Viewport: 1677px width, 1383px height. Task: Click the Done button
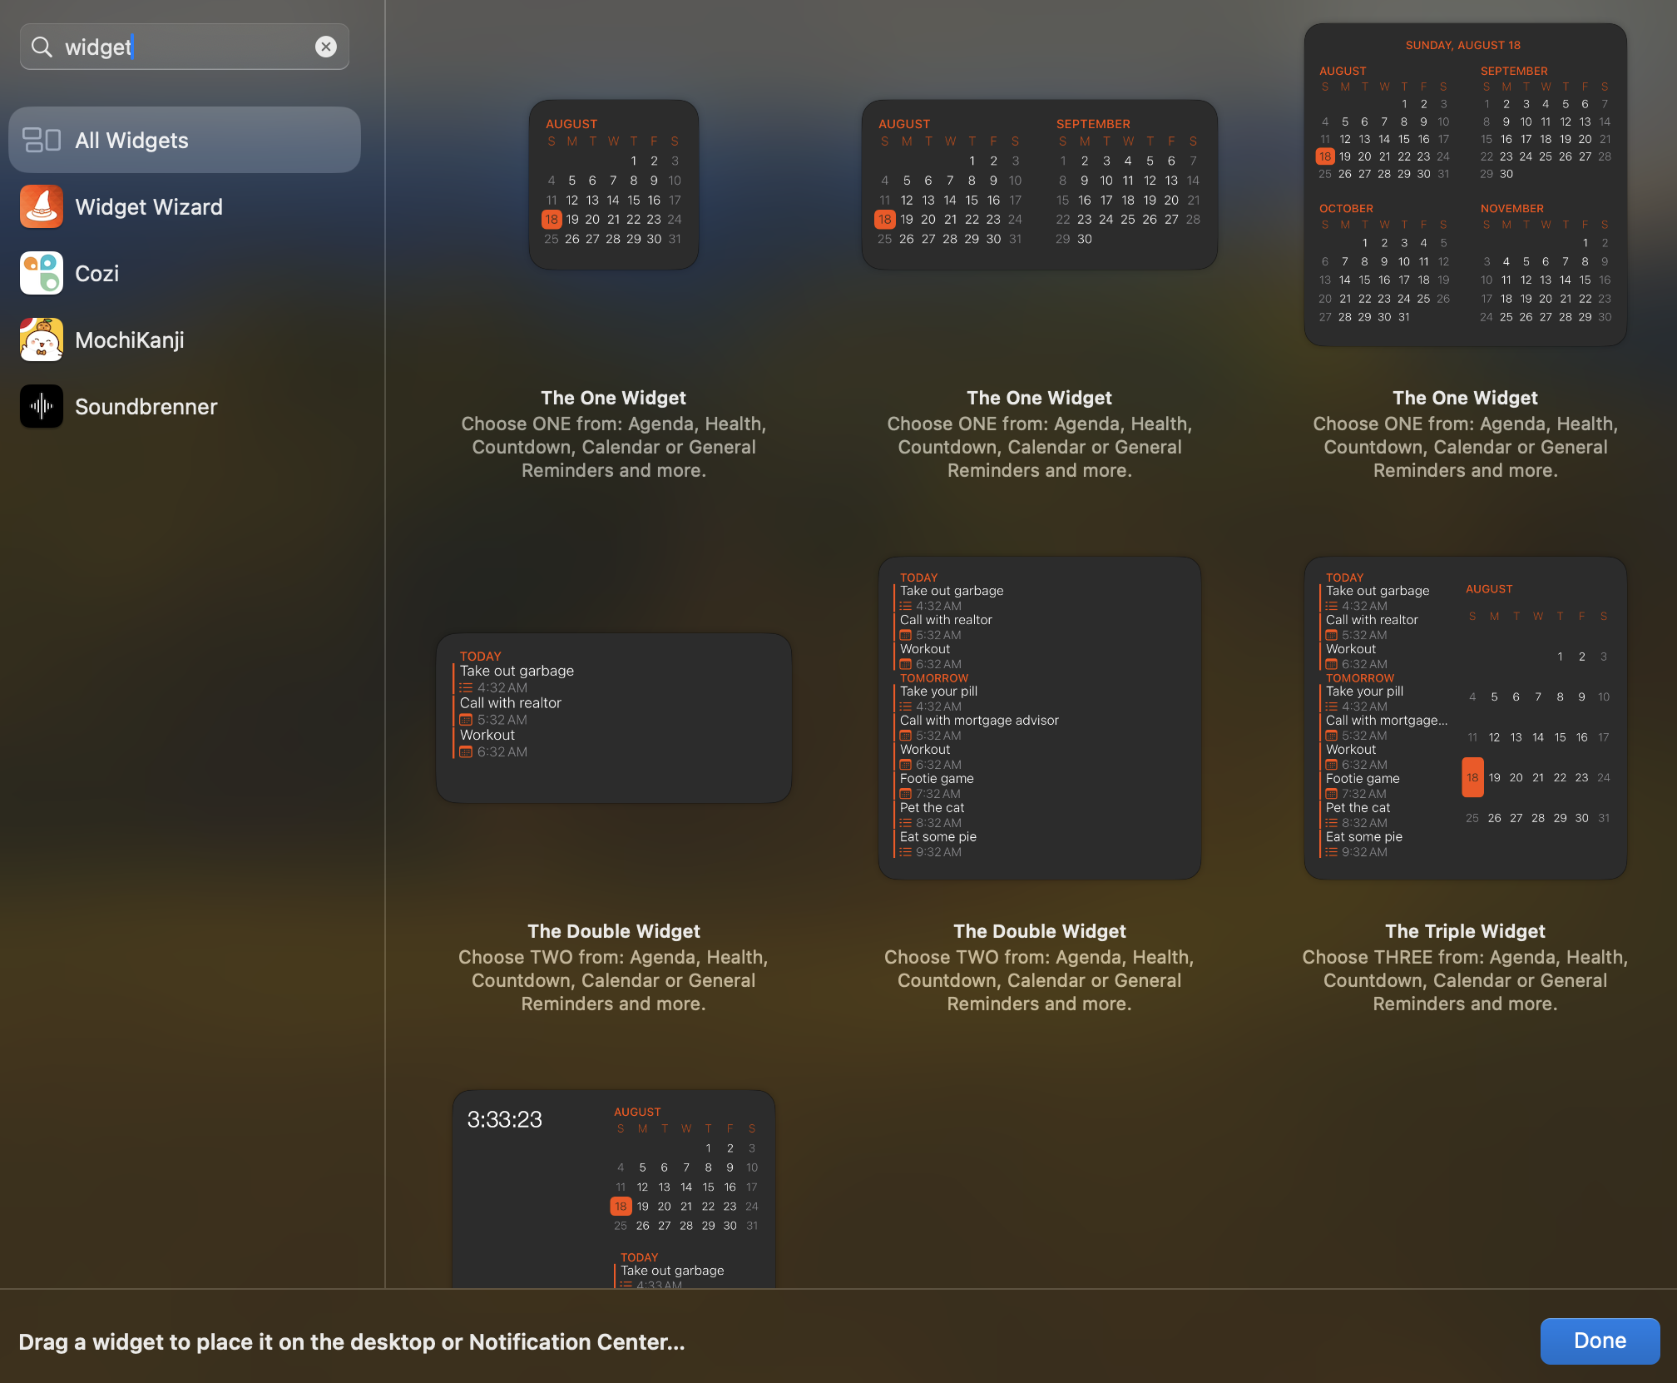1599,1341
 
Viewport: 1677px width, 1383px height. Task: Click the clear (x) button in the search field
326,47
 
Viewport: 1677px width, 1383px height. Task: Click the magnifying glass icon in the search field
42,47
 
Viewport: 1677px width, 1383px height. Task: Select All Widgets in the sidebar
184,140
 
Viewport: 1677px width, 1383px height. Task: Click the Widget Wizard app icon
42,206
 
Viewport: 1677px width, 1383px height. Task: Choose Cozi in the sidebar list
96,273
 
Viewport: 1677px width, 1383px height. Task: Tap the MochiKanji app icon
42,340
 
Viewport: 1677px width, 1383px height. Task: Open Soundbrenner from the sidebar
146,406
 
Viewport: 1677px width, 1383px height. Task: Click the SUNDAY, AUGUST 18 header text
1462,45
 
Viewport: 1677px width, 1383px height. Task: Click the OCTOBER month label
1345,208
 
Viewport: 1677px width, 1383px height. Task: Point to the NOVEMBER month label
1511,208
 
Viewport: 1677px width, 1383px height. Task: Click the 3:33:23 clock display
504,1119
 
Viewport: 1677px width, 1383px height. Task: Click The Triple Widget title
1464,930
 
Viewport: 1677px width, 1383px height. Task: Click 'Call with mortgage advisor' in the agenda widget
978,720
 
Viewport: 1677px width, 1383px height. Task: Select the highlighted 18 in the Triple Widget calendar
1472,777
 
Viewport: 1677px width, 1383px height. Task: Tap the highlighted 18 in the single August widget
552,219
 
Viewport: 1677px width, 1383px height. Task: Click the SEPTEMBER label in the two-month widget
1092,123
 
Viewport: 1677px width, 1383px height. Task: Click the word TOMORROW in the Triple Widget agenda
1359,677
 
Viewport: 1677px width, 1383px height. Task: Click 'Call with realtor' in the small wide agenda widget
510,702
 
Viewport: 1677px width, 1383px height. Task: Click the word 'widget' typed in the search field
97,47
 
